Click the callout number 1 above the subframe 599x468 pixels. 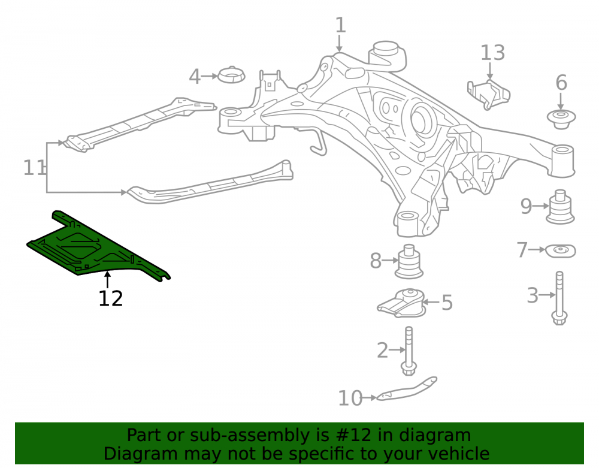pos(340,25)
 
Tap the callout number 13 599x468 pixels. pos(492,53)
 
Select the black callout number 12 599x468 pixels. pos(111,298)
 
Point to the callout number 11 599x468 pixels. pos(34,168)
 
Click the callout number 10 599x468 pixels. pos(350,398)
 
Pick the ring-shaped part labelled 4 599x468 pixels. pos(231,74)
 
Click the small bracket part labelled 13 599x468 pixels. pos(489,95)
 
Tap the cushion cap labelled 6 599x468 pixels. pos(561,120)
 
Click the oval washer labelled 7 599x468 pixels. pos(560,250)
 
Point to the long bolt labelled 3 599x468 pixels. pos(559,298)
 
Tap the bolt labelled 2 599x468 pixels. pos(409,351)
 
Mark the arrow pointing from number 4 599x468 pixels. pos(209,77)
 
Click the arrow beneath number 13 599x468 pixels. pos(490,71)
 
